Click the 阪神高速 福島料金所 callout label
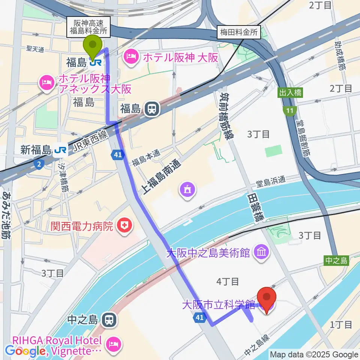(x=88, y=27)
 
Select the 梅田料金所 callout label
(x=239, y=33)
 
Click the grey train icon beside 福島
(x=152, y=109)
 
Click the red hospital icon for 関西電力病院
(x=123, y=226)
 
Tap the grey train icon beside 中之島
(x=109, y=320)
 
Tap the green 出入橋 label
(x=290, y=93)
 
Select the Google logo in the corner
(x=24, y=351)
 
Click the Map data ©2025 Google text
(x=314, y=354)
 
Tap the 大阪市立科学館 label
(x=219, y=304)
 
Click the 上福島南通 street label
(x=160, y=178)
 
